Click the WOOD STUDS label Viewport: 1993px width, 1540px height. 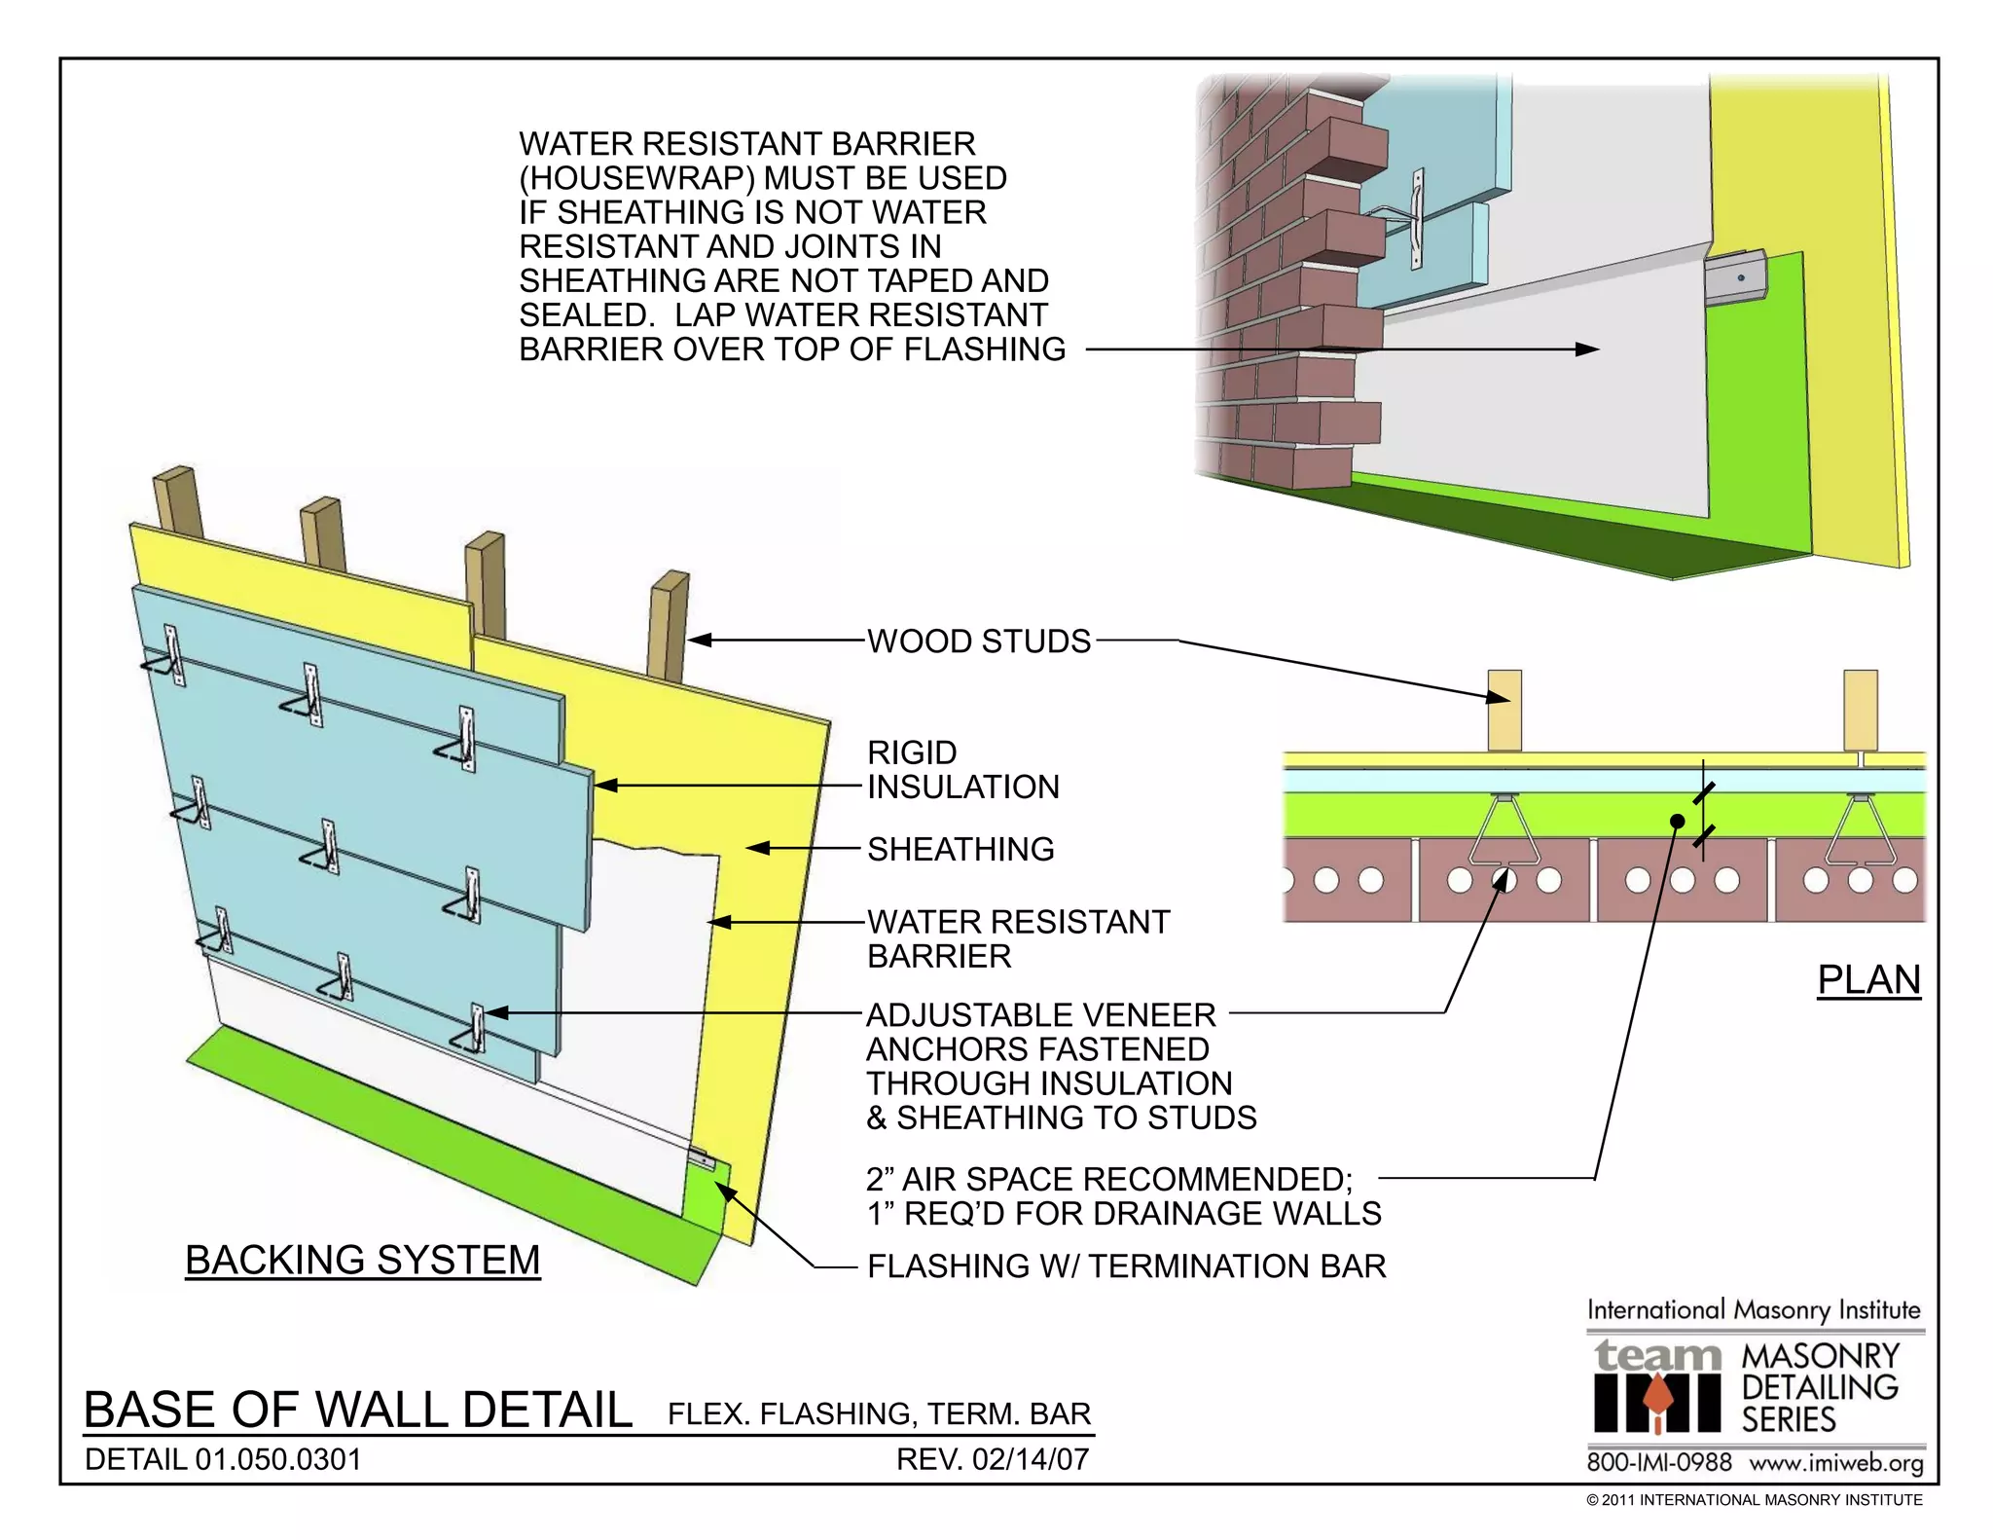[979, 642]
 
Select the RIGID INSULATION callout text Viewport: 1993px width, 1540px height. [961, 769]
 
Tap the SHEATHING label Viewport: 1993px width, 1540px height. [960, 849]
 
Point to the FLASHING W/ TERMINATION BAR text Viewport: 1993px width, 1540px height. [1126, 1265]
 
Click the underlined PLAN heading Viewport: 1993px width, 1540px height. [1868, 979]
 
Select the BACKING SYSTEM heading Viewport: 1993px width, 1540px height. [362, 1260]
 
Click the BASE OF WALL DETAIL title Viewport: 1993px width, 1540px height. [358, 1410]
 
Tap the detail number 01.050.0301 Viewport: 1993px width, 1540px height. [277, 1459]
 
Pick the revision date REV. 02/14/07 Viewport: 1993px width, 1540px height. [992, 1459]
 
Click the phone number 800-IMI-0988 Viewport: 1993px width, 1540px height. [1659, 1462]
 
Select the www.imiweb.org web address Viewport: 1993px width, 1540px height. [1835, 1462]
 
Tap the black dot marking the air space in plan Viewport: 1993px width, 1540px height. [1677, 821]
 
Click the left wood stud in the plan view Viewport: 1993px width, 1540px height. [1504, 711]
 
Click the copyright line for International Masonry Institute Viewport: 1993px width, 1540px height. [1754, 1500]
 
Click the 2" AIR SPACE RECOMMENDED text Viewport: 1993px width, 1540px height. [1108, 1179]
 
